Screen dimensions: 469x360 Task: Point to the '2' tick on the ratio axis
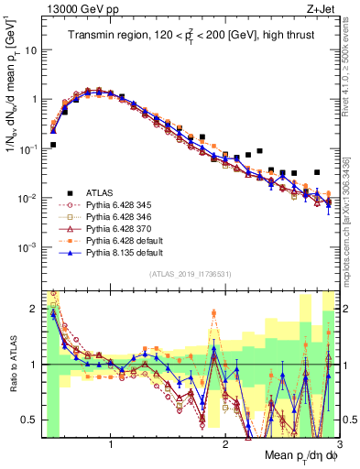(x=33, y=309)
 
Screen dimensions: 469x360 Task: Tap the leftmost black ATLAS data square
(x=53, y=145)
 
